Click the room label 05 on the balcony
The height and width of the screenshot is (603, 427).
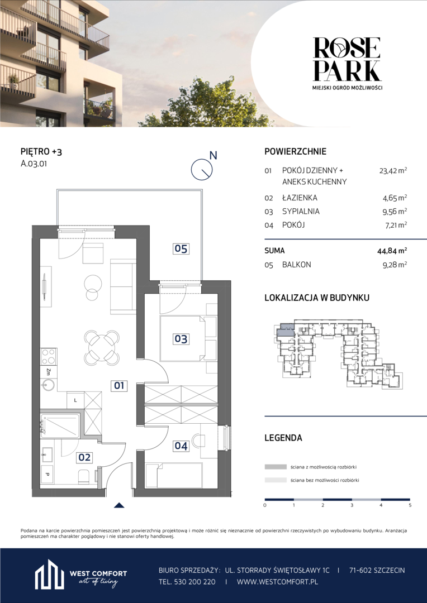181,249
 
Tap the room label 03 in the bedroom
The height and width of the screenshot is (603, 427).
181,339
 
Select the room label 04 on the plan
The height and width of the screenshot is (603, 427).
181,446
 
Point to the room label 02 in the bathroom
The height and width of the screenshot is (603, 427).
84,457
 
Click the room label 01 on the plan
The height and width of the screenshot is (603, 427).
118,385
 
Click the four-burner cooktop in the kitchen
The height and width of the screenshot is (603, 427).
49,356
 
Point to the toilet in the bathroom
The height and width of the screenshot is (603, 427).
84,476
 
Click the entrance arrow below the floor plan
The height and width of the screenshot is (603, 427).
120,506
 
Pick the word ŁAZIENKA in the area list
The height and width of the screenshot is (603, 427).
300,198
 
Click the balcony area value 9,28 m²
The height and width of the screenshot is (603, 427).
394,265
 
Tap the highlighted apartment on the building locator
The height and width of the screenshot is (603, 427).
286,329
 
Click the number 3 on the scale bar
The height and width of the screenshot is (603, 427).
352,505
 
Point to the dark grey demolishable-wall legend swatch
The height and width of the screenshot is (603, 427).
276,467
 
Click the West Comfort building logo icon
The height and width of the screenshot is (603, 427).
49,575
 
